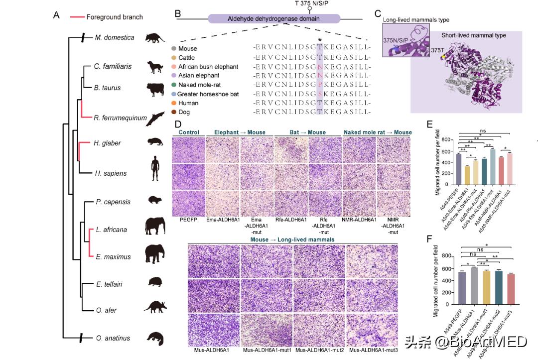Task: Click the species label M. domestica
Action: pyautogui.click(x=115, y=37)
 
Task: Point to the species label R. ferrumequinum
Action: pyautogui.click(x=120, y=118)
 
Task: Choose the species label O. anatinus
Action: pyautogui.click(x=113, y=338)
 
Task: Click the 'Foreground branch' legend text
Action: pyautogui.click(x=115, y=17)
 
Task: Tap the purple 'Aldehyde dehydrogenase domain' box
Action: pyautogui.click(x=274, y=19)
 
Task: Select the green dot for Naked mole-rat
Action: pyautogui.click(x=173, y=85)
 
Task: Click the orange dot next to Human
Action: pyautogui.click(x=173, y=103)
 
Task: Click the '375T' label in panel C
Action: pyautogui.click(x=437, y=50)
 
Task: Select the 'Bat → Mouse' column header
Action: pyautogui.click(x=307, y=132)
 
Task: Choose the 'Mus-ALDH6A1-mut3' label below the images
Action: pyautogui.click(x=370, y=351)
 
